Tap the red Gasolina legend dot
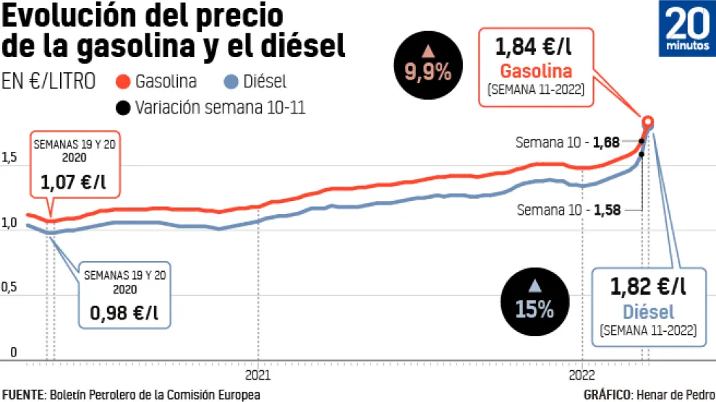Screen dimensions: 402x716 124,82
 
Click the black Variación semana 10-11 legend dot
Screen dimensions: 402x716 124,108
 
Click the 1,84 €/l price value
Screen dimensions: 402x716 536,48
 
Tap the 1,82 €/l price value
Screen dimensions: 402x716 647,287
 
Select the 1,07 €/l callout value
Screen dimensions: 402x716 74,184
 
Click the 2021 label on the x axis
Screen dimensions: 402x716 258,375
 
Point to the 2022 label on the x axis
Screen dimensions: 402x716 581,375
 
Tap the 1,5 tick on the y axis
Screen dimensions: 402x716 9,158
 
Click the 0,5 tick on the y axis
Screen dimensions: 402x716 9,288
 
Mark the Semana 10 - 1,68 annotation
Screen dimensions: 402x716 567,142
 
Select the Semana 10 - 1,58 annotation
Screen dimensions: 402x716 569,210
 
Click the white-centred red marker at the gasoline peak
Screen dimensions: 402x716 648,121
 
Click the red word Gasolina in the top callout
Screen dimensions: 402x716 536,72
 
